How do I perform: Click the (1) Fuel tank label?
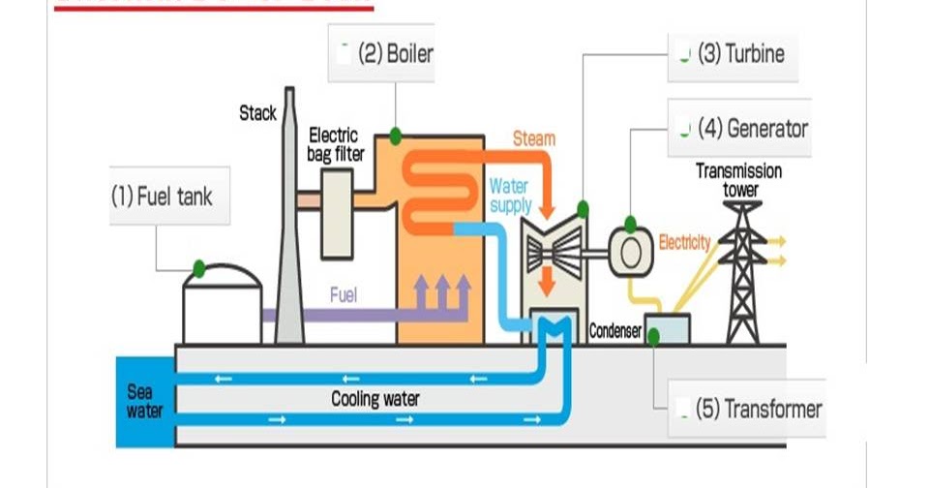(161, 198)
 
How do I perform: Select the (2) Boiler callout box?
(381, 53)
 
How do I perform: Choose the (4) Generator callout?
(739, 127)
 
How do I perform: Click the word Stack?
(257, 113)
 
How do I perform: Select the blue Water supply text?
(510, 195)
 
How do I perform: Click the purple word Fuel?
(343, 294)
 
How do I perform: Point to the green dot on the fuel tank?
(198, 268)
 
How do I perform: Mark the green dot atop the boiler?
(396, 137)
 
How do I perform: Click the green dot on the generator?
(630, 225)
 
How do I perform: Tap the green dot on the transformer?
(653, 336)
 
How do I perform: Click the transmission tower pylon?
(742, 271)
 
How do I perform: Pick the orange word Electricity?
(684, 242)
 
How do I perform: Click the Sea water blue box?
(144, 402)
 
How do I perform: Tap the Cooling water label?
(375, 398)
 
